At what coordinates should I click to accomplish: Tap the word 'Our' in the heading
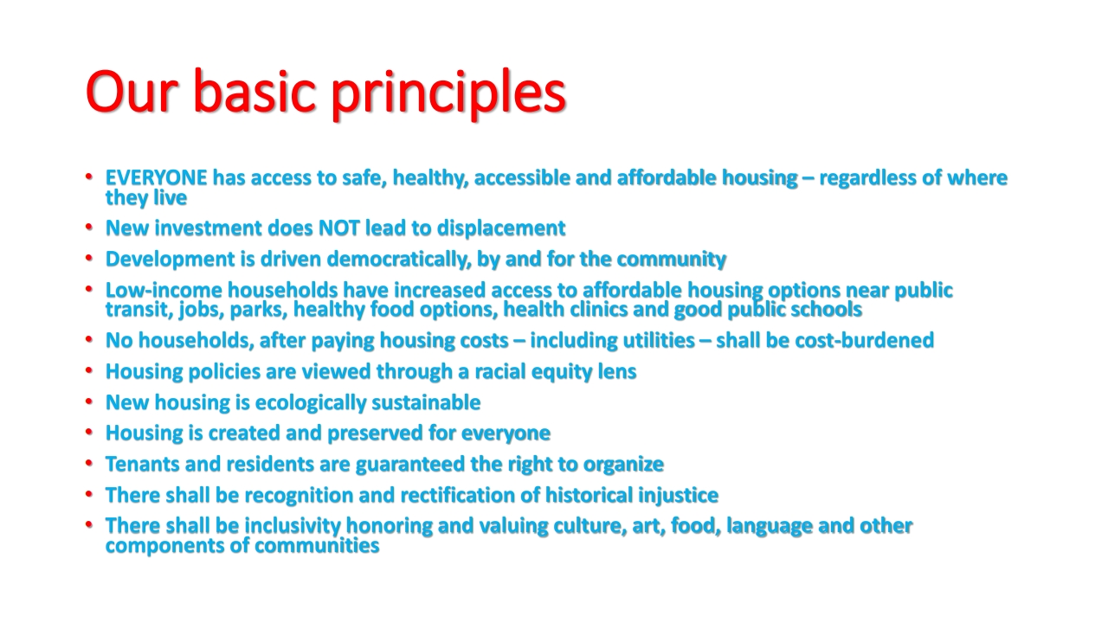[x=131, y=92]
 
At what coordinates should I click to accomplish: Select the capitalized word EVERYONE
[x=157, y=178]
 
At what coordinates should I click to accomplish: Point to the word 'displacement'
[x=501, y=229]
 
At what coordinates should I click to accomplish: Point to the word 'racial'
[x=499, y=372]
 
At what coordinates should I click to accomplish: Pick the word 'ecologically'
[x=311, y=403]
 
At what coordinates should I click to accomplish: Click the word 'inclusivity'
[x=293, y=526]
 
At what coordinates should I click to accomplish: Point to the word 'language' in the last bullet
[x=770, y=527]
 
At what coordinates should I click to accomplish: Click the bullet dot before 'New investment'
[x=89, y=227]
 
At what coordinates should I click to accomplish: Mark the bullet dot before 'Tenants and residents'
[x=89, y=463]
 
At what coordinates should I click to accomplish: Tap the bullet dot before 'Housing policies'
[x=89, y=369]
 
